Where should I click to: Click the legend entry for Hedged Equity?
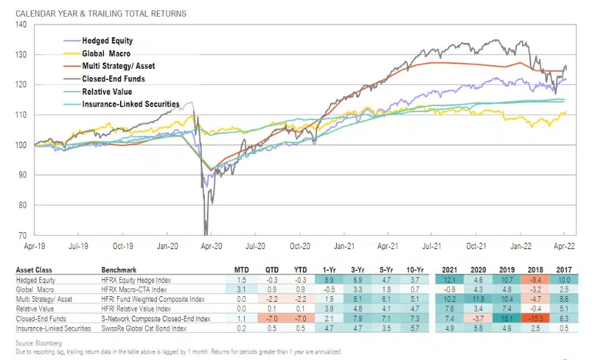[x=107, y=41]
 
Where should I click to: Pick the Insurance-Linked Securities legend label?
[x=130, y=104]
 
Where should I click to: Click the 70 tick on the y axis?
[x=22, y=235]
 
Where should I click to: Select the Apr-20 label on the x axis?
[x=212, y=248]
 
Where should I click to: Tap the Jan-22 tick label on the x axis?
[x=520, y=248]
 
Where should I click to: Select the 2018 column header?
[x=533, y=269]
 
